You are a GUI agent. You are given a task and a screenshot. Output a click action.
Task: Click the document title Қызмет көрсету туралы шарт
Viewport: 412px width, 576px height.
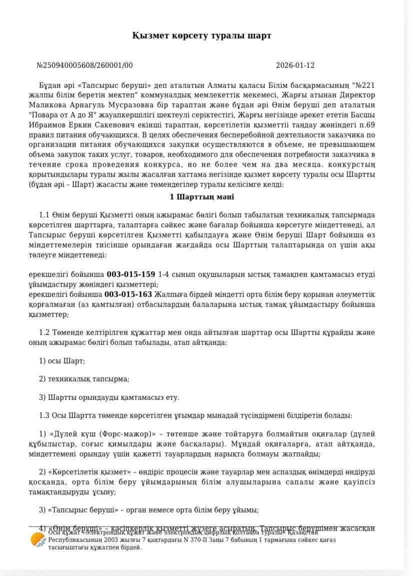click(x=201, y=35)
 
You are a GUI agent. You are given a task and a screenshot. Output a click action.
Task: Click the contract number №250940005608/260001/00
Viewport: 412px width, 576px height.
click(x=84, y=65)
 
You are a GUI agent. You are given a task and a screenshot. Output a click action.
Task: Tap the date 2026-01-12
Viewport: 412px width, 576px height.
click(x=295, y=65)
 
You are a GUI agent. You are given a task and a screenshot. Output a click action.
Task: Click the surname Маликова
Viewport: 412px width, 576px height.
click(x=50, y=105)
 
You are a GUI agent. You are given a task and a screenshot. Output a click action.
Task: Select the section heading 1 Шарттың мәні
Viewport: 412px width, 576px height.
click(x=201, y=197)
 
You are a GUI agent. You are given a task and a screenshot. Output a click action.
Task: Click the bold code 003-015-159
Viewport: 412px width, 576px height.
click(x=130, y=274)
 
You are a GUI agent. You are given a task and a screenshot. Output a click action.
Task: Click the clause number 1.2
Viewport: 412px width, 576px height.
click(x=44, y=333)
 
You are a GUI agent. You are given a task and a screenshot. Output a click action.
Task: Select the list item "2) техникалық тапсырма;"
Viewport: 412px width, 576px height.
click(x=84, y=379)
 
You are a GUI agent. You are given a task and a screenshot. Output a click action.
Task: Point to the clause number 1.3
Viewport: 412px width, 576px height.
click(x=44, y=415)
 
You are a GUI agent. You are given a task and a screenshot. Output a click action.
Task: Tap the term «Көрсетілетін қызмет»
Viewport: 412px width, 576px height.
click(x=89, y=472)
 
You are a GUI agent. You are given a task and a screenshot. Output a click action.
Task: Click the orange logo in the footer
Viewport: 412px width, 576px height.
click(x=38, y=540)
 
